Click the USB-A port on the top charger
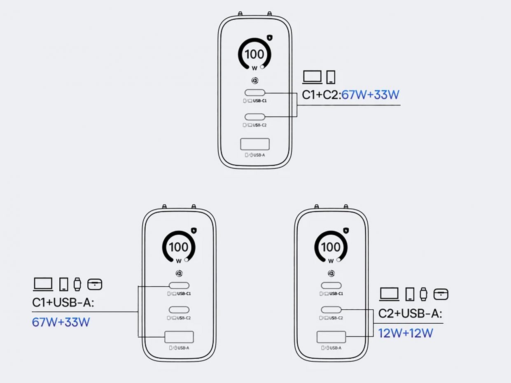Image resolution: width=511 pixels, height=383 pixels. coord(255,144)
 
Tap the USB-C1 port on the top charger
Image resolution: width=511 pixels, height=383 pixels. coord(255,93)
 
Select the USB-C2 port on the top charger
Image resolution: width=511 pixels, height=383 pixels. coord(255,117)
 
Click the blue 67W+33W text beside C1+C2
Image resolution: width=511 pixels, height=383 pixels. coord(371,95)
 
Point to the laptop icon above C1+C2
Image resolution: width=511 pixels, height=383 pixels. coord(313,77)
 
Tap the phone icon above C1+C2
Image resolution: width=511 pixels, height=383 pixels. coord(331,77)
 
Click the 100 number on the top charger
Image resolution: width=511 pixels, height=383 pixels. coord(254,54)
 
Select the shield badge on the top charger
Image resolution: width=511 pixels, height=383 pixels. coord(270,38)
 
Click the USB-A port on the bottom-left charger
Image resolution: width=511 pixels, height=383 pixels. coord(179,337)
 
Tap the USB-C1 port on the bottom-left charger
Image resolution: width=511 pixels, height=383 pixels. coord(179,285)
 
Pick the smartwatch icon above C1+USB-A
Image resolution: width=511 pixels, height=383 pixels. coord(77,284)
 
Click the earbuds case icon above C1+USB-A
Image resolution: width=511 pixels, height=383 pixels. coord(95,284)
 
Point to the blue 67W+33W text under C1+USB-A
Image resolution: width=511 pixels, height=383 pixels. coord(61,322)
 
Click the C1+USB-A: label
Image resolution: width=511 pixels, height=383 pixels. coord(63,303)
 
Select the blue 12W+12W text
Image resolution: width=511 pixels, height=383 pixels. coord(406,333)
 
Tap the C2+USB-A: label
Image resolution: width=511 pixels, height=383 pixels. coord(410,313)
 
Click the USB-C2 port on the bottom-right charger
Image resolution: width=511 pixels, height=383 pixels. coord(331,310)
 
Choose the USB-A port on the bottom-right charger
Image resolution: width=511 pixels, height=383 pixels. coord(331,337)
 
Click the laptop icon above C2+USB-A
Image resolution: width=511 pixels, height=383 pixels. coord(389,294)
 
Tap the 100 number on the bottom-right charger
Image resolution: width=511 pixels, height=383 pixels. coord(331,247)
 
